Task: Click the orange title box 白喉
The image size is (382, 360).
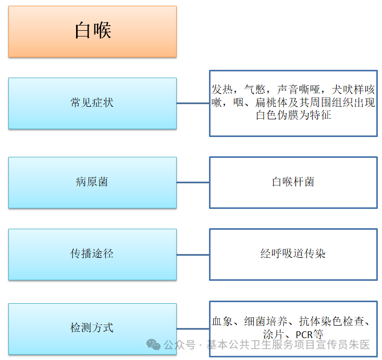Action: coord(92,31)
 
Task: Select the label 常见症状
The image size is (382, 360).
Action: coord(92,103)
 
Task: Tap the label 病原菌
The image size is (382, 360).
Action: coord(92,182)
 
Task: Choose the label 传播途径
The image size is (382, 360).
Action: coord(92,254)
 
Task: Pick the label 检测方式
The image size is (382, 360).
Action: coord(92,328)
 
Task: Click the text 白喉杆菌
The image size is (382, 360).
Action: coord(293,182)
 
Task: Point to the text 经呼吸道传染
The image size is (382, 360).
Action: coord(293,254)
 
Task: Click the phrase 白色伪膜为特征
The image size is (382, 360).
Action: coord(293,115)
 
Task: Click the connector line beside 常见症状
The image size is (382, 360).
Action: coord(193,103)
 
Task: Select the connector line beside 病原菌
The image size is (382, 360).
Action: coord(193,182)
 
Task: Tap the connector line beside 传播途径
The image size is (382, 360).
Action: coord(193,254)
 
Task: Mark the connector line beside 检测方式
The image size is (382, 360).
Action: coord(193,329)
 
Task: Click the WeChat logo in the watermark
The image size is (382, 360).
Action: coord(153,344)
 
